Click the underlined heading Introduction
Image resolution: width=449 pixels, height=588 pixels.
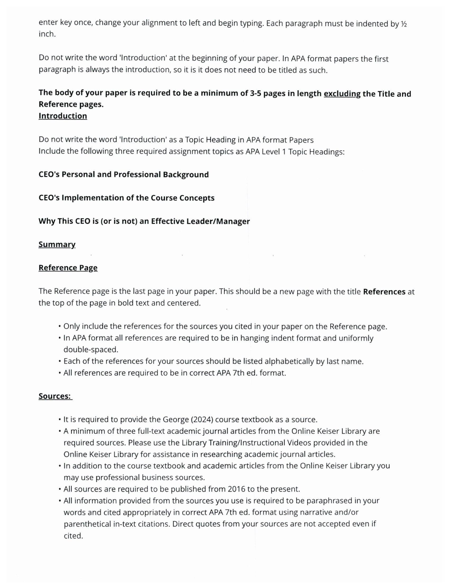[x=63, y=116]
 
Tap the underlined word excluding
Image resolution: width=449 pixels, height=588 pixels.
[x=342, y=94]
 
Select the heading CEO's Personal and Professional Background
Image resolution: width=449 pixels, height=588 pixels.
[x=124, y=174]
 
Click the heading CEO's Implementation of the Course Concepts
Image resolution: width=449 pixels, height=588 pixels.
[x=126, y=198]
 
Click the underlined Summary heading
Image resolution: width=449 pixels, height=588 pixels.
[x=57, y=244]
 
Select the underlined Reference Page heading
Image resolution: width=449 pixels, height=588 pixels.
[x=68, y=268]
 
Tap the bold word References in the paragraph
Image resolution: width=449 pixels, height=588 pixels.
[x=384, y=292]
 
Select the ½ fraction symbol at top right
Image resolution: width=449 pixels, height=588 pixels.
[x=403, y=24]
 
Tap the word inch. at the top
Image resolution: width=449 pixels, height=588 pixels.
[x=47, y=34]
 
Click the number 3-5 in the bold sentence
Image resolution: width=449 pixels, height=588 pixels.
[x=255, y=93]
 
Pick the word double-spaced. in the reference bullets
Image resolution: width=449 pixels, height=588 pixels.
[x=90, y=350]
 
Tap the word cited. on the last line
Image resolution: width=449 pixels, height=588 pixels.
[x=73, y=536]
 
